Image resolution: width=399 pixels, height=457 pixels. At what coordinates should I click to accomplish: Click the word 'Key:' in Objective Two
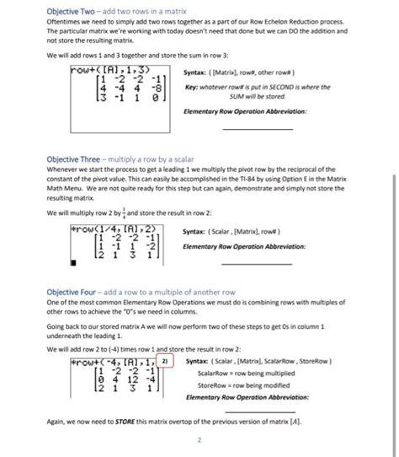(x=191, y=87)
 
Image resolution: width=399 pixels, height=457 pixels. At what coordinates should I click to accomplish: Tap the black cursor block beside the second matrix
(x=74, y=261)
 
